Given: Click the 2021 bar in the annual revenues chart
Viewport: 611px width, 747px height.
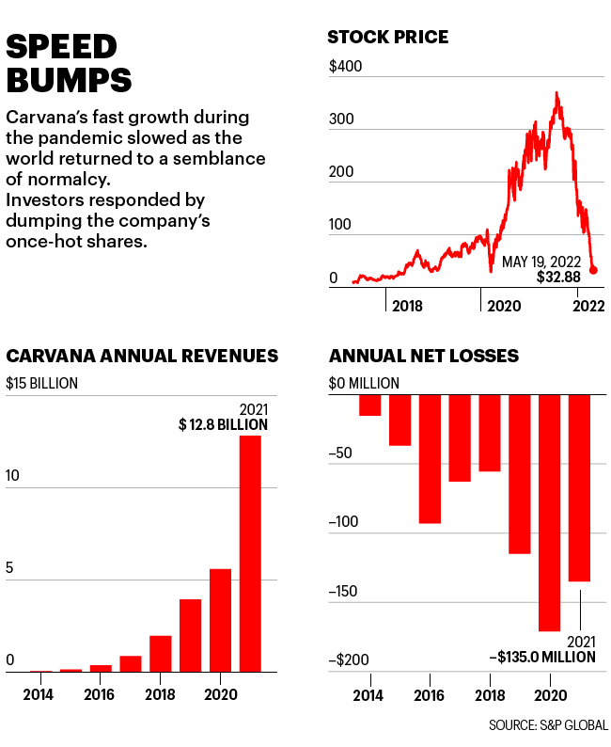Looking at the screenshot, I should (250, 554).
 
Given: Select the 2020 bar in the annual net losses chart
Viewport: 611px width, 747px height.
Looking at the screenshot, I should (549, 513).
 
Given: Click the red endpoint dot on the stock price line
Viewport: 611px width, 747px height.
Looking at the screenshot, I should (593, 270).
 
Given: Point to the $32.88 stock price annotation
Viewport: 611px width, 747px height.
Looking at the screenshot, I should (558, 278).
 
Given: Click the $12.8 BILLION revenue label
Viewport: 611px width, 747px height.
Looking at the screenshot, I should (224, 424).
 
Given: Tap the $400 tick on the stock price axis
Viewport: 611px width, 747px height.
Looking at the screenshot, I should (345, 68).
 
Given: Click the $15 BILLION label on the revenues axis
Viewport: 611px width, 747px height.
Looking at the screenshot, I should (42, 383).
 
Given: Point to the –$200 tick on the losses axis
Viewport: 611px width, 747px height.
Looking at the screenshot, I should (348, 661).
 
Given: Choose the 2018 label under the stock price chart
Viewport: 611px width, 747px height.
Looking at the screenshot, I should (407, 306).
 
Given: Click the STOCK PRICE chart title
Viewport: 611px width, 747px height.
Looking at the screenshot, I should (387, 38).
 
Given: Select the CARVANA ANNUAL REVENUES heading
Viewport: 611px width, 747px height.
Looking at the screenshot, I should (142, 356).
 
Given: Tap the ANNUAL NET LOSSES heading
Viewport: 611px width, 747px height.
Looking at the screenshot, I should (424, 356).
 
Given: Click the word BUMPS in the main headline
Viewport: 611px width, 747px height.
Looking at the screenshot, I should (70, 79).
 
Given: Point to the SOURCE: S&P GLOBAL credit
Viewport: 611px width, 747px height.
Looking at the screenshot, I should (547, 725).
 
